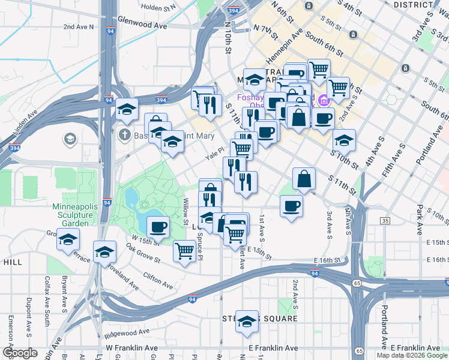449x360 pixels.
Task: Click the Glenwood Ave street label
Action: click(142, 26)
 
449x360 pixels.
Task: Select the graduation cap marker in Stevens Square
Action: click(246, 322)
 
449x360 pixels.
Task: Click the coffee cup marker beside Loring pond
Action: click(158, 227)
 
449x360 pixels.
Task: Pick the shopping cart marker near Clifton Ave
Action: click(184, 251)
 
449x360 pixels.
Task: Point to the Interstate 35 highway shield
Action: click(384, 221)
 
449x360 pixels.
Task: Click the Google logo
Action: click(20, 353)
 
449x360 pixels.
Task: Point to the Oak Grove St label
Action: click(142, 253)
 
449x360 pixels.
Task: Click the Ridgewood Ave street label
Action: click(126, 330)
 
